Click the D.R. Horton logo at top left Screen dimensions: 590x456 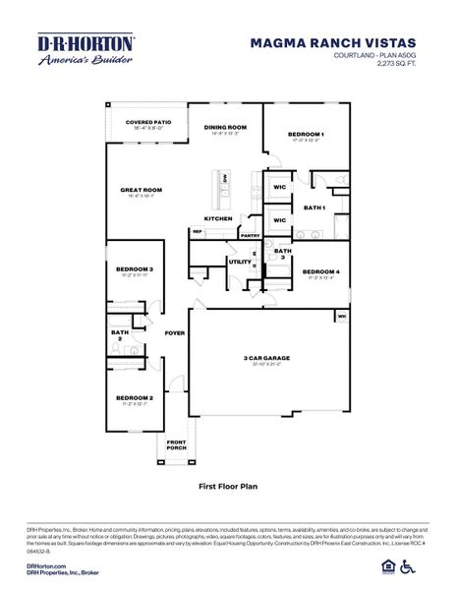[x=86, y=49]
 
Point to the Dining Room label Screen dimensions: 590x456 [x=225, y=127]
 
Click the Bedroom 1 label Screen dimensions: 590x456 [x=306, y=134]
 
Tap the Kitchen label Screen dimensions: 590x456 [x=218, y=217]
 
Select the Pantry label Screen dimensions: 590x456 [x=250, y=235]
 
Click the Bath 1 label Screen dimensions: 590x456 [x=314, y=207]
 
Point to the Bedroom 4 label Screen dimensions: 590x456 [x=321, y=271]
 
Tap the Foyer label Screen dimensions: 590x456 [x=174, y=333]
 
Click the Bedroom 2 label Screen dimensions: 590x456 [x=134, y=397]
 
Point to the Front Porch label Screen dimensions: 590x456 [x=176, y=445]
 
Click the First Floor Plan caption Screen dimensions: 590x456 [x=227, y=486]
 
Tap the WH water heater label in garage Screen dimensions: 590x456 [x=342, y=316]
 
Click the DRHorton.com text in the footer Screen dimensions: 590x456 [x=45, y=566]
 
